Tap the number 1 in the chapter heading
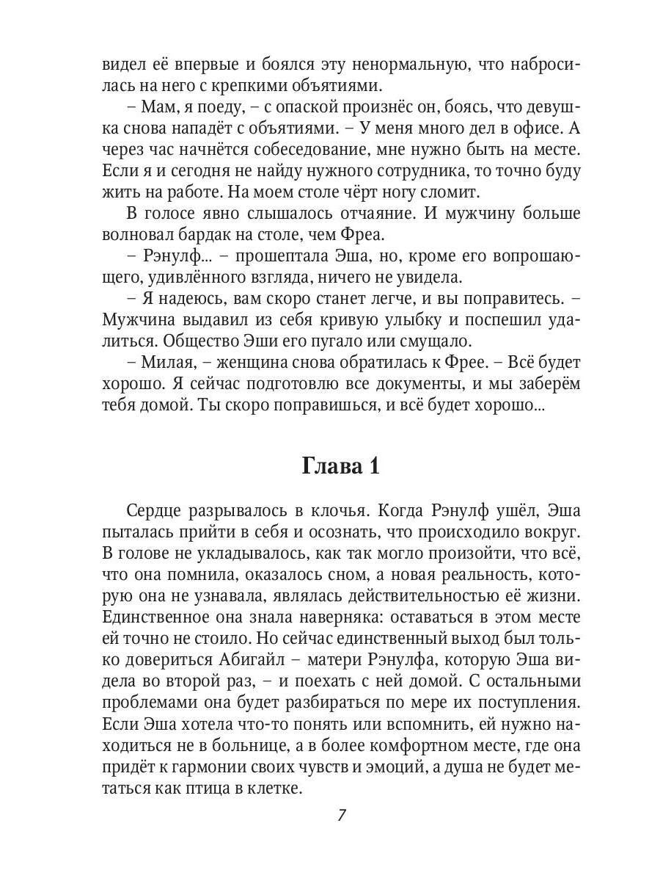[373, 467]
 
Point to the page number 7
[341, 815]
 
